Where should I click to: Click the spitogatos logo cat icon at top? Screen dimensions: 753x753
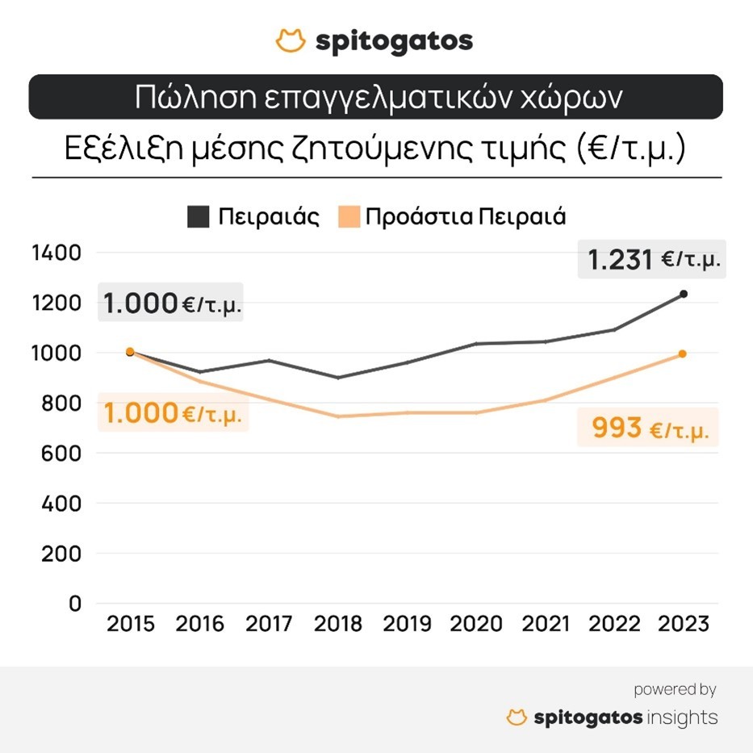[291, 40]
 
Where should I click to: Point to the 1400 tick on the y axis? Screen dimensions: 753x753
[56, 253]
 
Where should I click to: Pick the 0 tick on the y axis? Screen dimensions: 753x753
[75, 604]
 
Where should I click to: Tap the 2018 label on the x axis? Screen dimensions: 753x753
[338, 624]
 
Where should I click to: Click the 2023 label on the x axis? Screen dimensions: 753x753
[682, 624]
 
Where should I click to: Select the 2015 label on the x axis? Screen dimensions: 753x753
[131, 624]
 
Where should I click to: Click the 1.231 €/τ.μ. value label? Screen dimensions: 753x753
[652, 260]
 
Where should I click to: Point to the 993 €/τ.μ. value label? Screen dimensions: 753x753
[649, 428]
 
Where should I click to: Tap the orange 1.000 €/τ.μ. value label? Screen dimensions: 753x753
[173, 413]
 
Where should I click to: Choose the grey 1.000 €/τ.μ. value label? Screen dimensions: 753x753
[173, 304]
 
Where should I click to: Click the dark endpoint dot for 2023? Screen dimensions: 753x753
[683, 294]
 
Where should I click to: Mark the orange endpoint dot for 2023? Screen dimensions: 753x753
[682, 353]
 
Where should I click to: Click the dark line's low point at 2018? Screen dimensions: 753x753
[338, 378]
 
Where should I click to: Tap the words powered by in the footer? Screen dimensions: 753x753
[675, 689]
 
